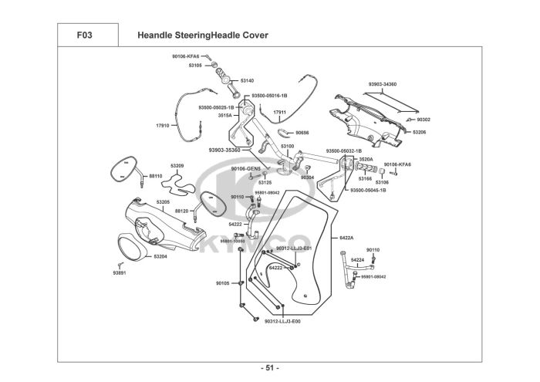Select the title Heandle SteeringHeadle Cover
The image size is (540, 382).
pos(202,35)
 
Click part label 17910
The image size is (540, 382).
pos(162,125)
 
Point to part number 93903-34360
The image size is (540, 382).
pos(382,83)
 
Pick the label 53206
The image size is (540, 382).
pos(419,133)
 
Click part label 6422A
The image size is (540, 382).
pos(346,238)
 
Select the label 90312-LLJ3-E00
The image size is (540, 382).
pos(282,321)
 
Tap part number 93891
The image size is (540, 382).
pos(119,273)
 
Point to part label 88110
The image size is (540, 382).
pos(156,176)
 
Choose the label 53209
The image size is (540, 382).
pos(177,166)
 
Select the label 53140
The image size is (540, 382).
pos(247,80)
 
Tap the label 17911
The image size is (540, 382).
pos(280,113)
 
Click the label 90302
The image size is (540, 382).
pos(424,120)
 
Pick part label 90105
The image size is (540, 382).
pos(222,283)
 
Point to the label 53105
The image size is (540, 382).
pos(195,66)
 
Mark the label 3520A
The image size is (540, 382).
pos(366,159)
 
